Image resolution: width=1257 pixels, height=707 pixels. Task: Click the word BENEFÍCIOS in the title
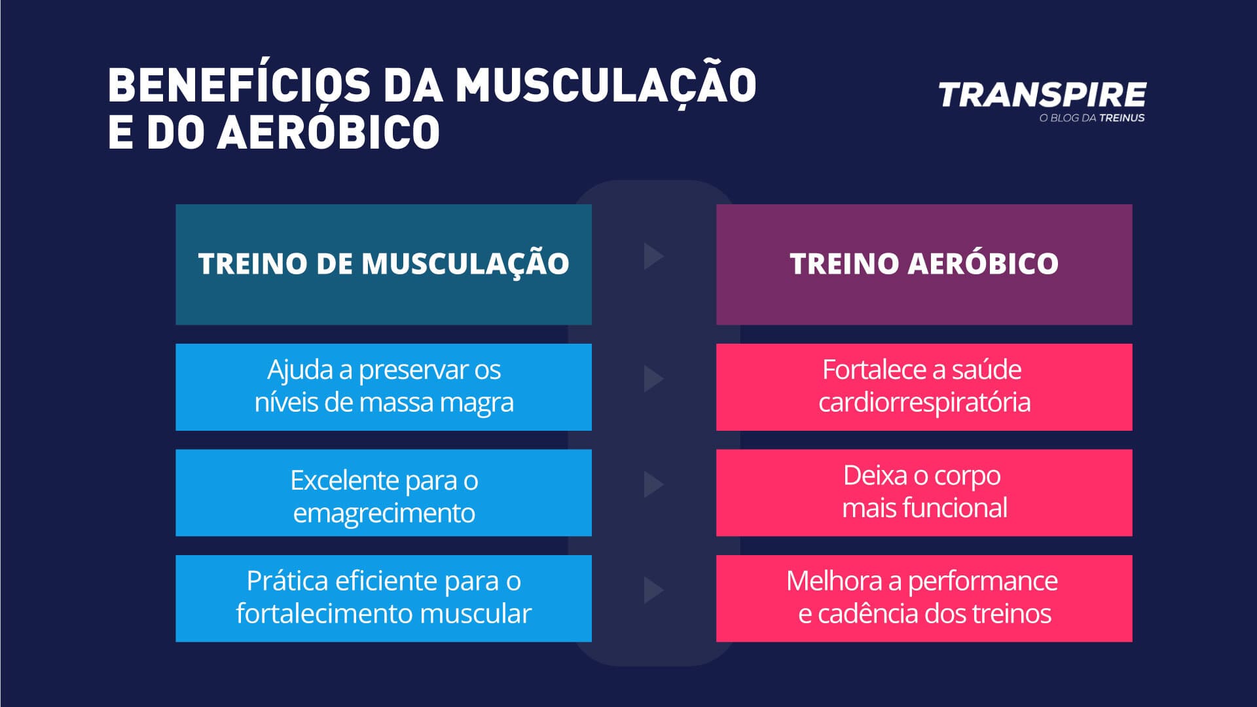click(x=240, y=85)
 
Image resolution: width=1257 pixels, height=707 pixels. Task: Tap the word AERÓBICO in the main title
click(x=329, y=132)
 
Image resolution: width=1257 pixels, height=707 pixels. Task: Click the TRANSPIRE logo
click(x=1042, y=95)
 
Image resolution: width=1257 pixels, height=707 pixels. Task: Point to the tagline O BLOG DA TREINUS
click(x=1091, y=118)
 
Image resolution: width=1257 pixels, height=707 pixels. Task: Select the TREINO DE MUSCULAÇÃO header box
click(x=384, y=264)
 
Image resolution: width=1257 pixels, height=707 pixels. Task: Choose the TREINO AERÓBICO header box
click(x=924, y=264)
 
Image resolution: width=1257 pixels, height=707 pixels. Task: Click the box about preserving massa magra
click(x=384, y=387)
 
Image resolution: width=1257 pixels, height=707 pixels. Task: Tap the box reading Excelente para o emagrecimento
click(x=384, y=493)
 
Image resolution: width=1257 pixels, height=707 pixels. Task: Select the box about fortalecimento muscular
click(x=384, y=598)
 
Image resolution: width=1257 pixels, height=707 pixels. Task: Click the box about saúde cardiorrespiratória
click(x=924, y=387)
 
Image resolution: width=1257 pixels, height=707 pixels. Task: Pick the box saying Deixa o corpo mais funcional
click(x=924, y=493)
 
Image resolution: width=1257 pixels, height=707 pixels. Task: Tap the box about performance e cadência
click(x=924, y=598)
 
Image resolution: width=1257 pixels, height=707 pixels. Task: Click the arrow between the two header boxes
click(x=653, y=256)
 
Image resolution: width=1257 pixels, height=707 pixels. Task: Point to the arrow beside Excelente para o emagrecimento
click(x=653, y=484)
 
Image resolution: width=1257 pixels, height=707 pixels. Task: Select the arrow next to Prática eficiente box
click(x=653, y=590)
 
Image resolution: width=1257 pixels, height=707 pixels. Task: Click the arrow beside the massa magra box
click(x=653, y=379)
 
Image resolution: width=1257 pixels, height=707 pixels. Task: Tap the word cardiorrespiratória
click(x=924, y=403)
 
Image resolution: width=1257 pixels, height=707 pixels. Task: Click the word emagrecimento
click(x=384, y=513)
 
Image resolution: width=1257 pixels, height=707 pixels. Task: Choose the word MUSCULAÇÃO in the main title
click(x=606, y=85)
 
